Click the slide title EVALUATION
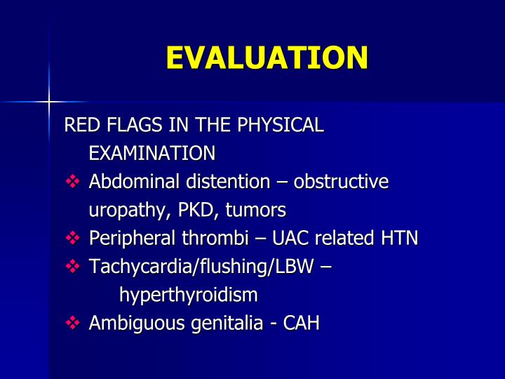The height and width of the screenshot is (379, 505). point(267,58)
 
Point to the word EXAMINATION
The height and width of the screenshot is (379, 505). point(151,153)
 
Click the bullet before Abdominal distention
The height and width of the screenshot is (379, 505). point(73,182)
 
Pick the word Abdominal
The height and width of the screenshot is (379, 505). point(134,182)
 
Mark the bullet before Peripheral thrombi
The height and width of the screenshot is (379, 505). point(73,239)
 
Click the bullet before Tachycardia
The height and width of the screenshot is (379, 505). point(73,267)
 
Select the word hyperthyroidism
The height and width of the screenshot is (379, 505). point(188,295)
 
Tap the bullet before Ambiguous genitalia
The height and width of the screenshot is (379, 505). point(73,324)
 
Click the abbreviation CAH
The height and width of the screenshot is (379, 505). point(299,324)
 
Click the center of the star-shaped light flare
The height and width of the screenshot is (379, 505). point(49,102)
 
